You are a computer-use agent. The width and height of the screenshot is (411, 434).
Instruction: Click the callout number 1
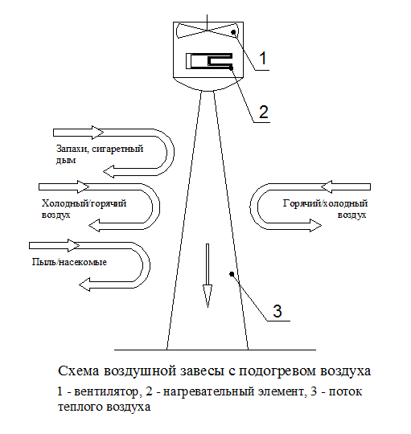262,58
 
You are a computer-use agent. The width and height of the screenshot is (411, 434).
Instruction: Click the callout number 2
263,112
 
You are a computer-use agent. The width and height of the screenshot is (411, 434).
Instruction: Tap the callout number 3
277,311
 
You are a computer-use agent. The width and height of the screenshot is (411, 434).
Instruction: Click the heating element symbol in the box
209,61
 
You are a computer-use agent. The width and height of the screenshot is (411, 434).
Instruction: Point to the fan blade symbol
207,31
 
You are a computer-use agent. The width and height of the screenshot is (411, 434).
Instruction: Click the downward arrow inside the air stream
208,276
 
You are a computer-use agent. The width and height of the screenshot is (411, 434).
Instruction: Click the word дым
66,160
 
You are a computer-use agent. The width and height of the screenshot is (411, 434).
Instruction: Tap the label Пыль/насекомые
69,262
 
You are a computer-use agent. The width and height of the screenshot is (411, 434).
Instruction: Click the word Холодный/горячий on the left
84,203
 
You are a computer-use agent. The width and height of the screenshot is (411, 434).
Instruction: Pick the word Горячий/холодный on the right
325,203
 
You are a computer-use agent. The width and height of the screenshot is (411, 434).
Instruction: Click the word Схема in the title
78,371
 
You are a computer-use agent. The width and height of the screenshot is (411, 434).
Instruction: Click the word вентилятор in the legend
106,391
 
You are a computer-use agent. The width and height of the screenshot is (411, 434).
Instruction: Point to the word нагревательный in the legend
208,392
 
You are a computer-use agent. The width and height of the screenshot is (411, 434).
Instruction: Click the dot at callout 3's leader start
232,274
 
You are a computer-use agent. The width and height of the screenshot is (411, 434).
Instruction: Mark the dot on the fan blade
233,32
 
